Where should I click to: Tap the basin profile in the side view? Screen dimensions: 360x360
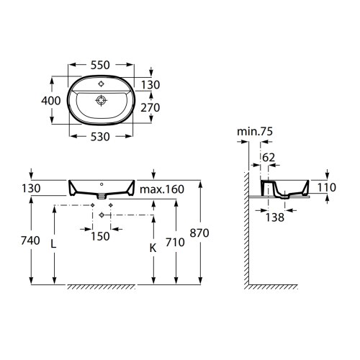[288, 188]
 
